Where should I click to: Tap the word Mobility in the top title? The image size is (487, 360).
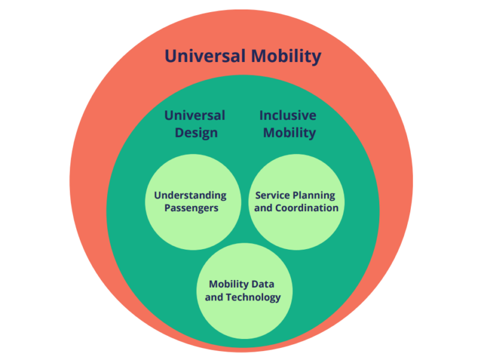(286, 56)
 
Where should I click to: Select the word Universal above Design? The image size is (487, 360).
(195, 115)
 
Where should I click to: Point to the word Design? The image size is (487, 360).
(196, 132)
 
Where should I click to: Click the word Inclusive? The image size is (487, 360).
(288, 115)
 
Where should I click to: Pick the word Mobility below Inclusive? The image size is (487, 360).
(289, 132)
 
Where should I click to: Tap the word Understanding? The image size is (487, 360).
(190, 195)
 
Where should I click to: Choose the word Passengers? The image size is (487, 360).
(191, 208)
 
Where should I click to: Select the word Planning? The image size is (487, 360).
(315, 195)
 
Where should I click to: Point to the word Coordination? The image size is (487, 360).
(307, 208)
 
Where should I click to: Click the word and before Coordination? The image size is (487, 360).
(264, 208)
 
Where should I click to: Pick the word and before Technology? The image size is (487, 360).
(214, 297)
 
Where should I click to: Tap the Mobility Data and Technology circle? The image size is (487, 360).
(244, 317)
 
